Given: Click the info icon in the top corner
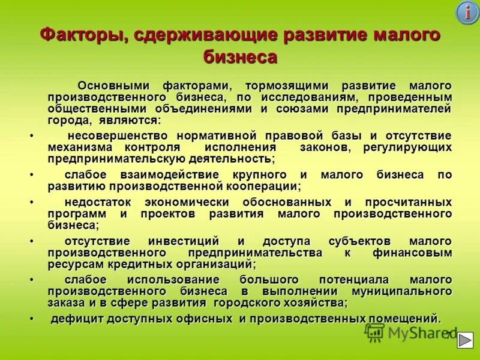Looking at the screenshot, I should [467, 13].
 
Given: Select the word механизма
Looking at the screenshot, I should [80, 147].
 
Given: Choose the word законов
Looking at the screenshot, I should [325, 147].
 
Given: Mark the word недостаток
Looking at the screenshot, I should [96, 203].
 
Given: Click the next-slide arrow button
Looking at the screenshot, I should [464, 340].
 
